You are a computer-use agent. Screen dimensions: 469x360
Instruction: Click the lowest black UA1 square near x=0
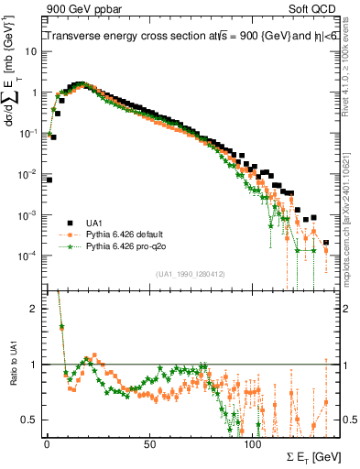tap(49, 180)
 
